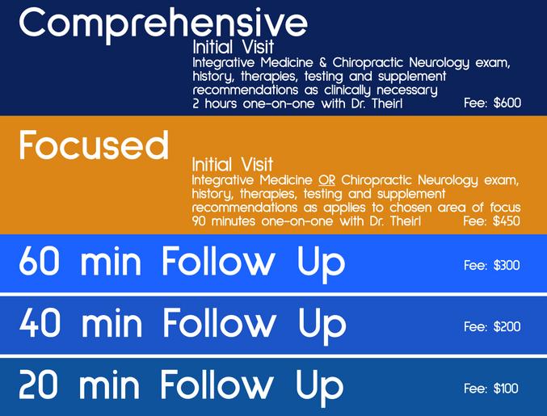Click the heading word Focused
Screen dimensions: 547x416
(95, 145)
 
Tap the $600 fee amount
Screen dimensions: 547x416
(507, 103)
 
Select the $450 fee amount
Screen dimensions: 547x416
(507, 221)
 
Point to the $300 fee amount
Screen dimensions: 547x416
(507, 266)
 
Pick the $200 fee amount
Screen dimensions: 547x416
(507, 326)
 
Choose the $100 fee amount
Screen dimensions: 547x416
(506, 389)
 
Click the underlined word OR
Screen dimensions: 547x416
(326, 180)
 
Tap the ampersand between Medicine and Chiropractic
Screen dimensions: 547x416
(322, 63)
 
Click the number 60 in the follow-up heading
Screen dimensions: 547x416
(39, 261)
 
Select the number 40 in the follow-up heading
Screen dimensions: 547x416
(40, 323)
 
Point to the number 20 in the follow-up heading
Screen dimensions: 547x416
(38, 384)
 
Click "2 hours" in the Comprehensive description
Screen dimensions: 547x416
(215, 103)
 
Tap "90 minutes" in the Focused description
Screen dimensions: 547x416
(224, 221)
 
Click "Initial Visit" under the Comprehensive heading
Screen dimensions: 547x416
(233, 48)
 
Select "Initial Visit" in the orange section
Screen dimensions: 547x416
(233, 165)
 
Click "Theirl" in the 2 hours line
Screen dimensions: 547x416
(387, 103)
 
